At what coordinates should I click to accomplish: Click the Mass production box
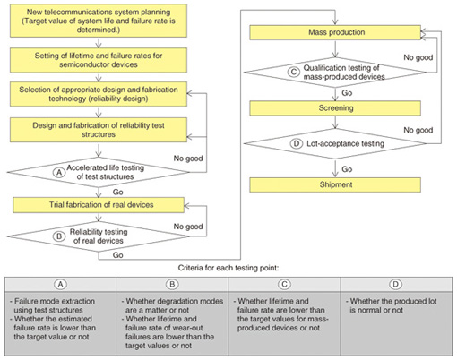click(335, 32)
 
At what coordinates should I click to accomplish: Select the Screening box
click(335, 108)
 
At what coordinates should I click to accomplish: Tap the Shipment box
click(335, 184)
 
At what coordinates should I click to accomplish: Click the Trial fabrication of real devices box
click(99, 205)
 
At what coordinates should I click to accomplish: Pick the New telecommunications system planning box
click(99, 21)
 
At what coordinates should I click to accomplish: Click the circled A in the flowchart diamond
click(59, 172)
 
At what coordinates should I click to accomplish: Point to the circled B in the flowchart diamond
click(59, 236)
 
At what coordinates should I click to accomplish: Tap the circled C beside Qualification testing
click(294, 72)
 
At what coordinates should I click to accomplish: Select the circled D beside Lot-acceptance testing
click(297, 143)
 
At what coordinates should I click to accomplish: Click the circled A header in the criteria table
click(60, 284)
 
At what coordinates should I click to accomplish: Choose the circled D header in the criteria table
click(395, 284)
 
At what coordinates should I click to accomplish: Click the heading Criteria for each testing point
click(228, 268)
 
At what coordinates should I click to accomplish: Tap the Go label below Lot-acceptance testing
click(347, 169)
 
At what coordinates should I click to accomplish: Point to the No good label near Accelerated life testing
click(188, 159)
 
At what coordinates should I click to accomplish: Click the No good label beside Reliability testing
click(188, 227)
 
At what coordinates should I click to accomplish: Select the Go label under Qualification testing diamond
click(347, 93)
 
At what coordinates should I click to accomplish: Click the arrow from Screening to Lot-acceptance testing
click(335, 122)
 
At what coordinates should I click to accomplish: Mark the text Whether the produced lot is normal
click(392, 305)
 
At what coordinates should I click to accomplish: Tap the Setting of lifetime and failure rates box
click(99, 60)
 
